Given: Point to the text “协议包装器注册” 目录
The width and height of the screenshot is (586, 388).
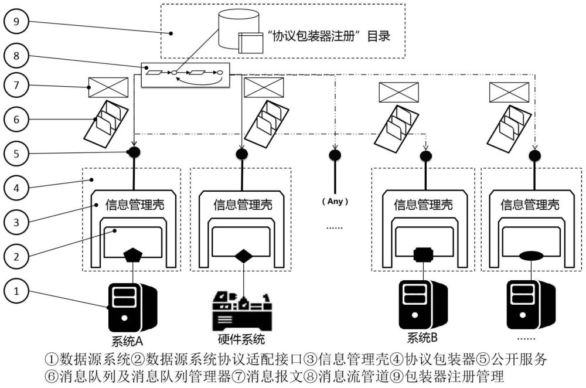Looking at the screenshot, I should (x=328, y=36).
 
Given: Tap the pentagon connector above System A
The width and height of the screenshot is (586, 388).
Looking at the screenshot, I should (x=132, y=256).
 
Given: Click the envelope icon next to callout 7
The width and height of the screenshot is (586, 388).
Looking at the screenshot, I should (x=108, y=87).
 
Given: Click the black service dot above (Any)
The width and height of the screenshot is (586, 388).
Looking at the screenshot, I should (x=335, y=155).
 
